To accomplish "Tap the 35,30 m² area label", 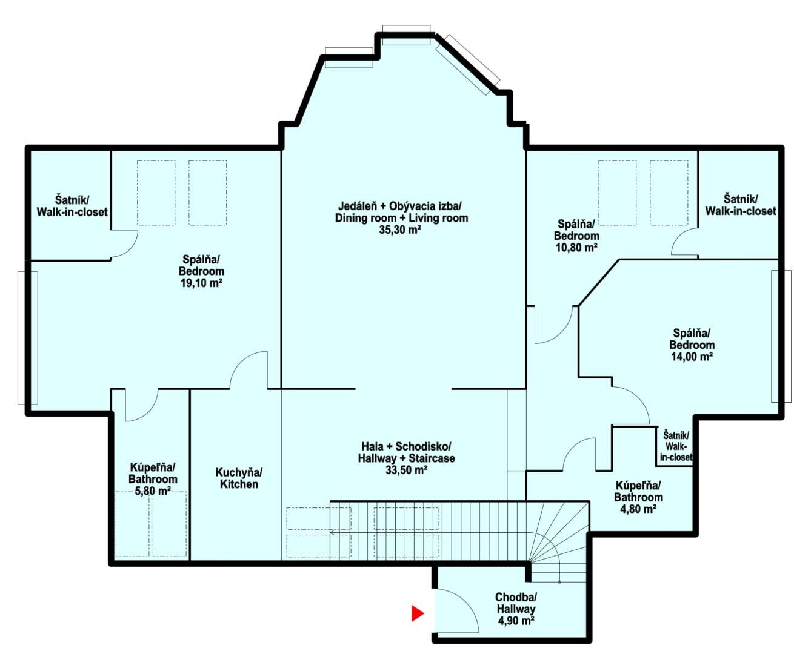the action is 400,230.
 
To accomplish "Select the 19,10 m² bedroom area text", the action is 201,283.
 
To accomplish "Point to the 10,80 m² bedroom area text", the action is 576,248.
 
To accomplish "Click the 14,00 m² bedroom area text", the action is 692,357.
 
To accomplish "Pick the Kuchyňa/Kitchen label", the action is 239,478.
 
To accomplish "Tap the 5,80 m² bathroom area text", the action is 152,491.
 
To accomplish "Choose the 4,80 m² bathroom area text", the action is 638,509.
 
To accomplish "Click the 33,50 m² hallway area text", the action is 406,470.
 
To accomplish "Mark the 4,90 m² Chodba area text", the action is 516,621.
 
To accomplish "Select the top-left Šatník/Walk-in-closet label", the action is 72,206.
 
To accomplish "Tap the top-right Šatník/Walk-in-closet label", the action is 741,205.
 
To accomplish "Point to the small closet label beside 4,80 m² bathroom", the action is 676,446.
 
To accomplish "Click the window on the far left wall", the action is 28,338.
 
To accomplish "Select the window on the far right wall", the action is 781,336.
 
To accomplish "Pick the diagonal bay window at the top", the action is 468,65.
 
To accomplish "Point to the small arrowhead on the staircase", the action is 332,533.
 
